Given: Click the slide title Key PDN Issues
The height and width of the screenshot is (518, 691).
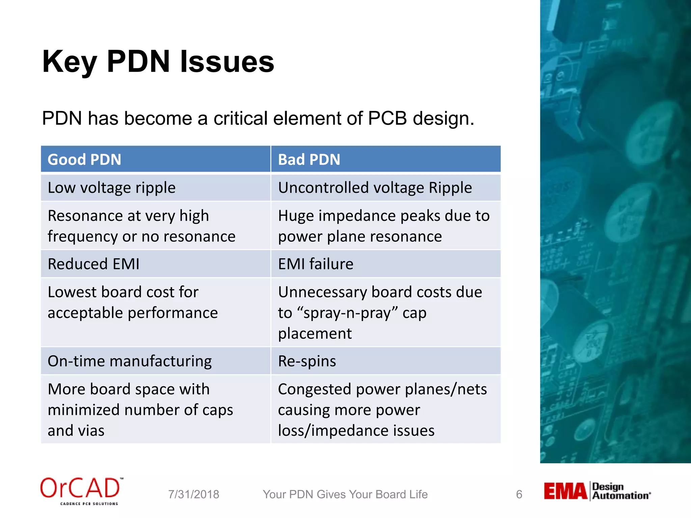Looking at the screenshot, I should point(158,62).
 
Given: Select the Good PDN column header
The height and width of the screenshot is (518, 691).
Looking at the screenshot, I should point(84,160).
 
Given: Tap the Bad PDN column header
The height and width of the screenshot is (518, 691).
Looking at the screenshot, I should point(309,160).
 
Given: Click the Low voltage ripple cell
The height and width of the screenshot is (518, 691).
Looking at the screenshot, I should point(112,188).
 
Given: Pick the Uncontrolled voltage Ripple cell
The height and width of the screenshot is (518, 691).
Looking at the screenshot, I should point(375,188).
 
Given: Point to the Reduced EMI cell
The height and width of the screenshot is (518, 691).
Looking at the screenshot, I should point(93,264).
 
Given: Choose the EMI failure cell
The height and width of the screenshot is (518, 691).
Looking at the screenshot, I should point(315,264).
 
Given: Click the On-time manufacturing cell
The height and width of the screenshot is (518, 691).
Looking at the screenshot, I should point(130,361).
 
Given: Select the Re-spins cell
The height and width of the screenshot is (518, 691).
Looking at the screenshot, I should point(307,361).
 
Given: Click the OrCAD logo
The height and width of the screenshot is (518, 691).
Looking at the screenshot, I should point(81,491).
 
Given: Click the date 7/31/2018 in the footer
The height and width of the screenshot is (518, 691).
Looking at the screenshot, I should point(194,494).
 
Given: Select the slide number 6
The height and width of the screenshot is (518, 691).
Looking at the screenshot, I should point(519,494).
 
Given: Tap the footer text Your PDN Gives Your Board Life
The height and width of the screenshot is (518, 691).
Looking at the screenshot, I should point(345,494).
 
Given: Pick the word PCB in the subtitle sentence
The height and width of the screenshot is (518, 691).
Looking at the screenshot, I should point(387,119).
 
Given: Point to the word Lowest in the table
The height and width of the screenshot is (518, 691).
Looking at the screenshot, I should point(72,292).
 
